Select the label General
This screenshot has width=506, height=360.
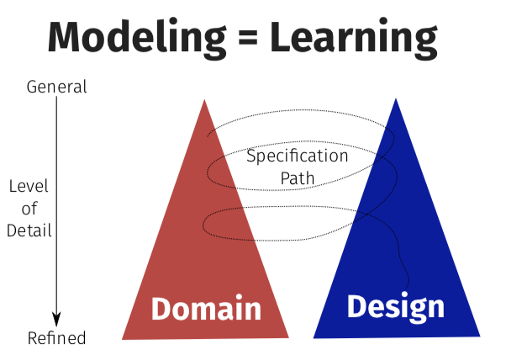pyautogui.click(x=57, y=86)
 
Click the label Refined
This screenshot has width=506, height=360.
pyautogui.click(x=57, y=338)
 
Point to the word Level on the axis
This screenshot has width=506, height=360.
pyautogui.click(x=29, y=187)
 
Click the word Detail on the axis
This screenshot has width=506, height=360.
pyautogui.click(x=29, y=230)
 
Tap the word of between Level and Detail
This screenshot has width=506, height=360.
pyautogui.click(x=29, y=209)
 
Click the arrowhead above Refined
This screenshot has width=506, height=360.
pyautogui.click(x=57, y=320)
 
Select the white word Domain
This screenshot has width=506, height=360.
pyautogui.click(x=206, y=310)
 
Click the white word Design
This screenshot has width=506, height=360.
pyautogui.click(x=395, y=306)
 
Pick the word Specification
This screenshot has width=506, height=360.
pyautogui.click(x=297, y=156)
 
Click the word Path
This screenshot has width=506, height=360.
pyautogui.click(x=297, y=177)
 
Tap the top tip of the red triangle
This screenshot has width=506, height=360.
pyautogui.click(x=204, y=100)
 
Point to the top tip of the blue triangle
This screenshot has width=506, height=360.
pyautogui.click(x=395, y=98)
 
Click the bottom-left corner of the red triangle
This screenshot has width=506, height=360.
pyautogui.click(x=123, y=339)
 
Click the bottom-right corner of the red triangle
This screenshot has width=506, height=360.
pyautogui.click(x=288, y=337)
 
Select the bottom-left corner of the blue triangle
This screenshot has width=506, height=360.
pyautogui.click(x=314, y=337)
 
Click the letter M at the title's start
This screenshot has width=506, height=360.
pyautogui.click(x=65, y=39)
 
